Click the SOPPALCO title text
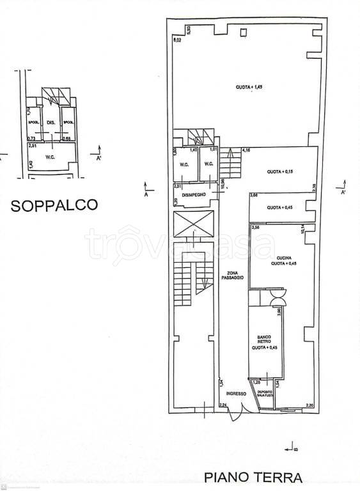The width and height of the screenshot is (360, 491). pos(54,205)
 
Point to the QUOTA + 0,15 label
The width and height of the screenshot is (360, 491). pos(279,172)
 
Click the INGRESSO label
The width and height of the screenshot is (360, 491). pos(235,394)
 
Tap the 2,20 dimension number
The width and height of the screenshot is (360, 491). pos(310,405)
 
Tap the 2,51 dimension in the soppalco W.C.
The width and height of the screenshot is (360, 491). pos(33,144)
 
